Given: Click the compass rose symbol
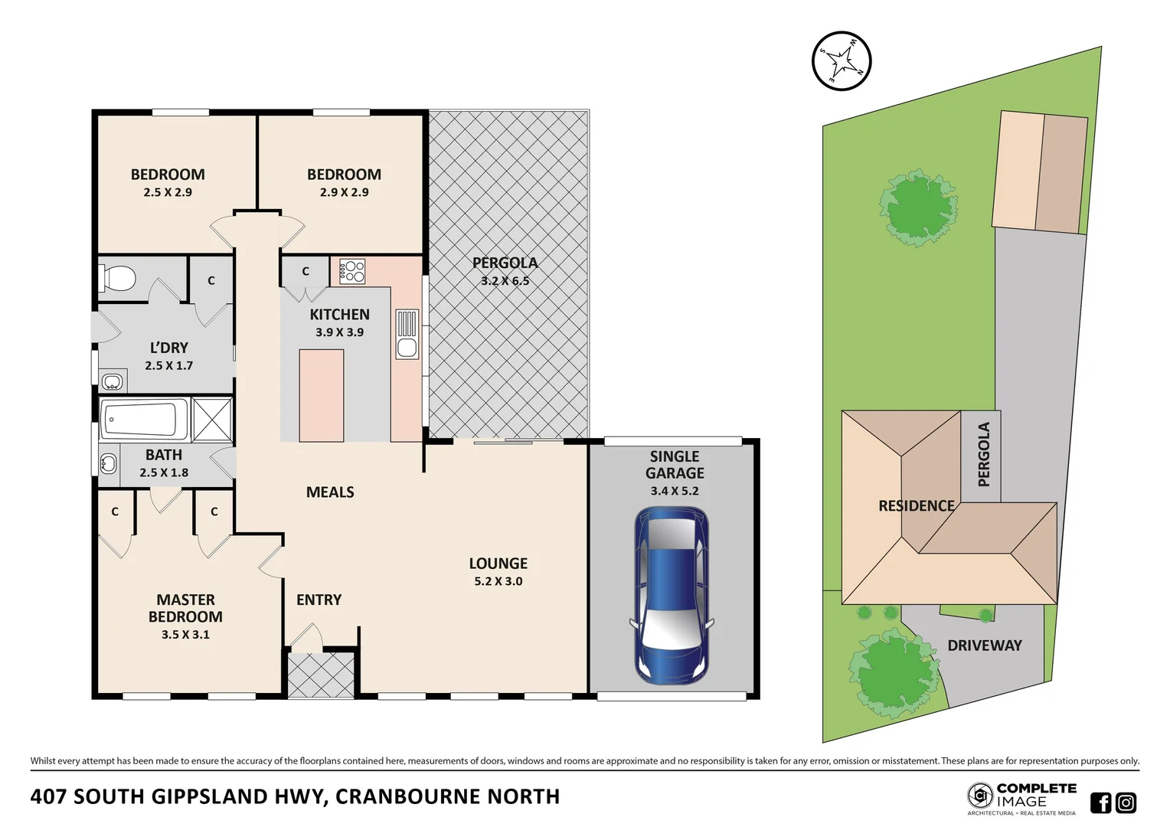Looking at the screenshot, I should (842, 60).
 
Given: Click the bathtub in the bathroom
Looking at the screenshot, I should (145, 420).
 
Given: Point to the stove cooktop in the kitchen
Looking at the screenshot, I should (352, 271).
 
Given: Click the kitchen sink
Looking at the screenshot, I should (407, 334).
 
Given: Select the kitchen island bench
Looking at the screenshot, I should (321, 395).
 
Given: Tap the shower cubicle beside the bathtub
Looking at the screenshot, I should (212, 420).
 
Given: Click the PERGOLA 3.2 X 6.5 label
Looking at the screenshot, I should (505, 271).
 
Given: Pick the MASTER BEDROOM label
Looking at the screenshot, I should (185, 608).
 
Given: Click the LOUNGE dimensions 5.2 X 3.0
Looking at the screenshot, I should (498, 581).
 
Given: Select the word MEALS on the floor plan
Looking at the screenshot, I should (330, 492).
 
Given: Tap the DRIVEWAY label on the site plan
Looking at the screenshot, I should (984, 646).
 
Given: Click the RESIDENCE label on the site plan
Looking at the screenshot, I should (916, 506).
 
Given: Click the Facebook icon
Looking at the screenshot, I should (1100, 802).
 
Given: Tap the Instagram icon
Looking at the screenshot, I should (1126, 802).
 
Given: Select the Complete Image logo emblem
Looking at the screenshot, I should (979, 796).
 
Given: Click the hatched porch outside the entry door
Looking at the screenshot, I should (320, 674).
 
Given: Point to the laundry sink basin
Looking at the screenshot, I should (113, 381).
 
